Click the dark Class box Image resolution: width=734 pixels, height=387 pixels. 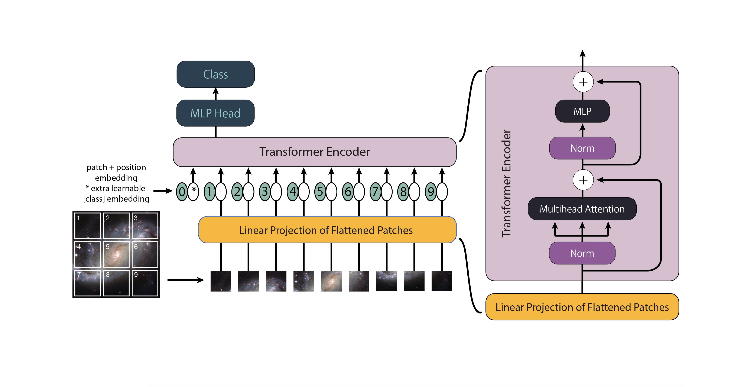coord(215,74)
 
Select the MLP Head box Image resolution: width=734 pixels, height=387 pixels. coord(215,113)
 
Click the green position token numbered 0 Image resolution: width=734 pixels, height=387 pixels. coord(182,192)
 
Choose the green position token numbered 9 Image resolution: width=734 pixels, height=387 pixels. coord(431,192)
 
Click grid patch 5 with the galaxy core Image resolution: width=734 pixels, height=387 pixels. coord(116,254)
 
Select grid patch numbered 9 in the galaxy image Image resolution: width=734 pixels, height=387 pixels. coord(145,283)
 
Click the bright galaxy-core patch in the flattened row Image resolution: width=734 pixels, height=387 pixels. coord(331,281)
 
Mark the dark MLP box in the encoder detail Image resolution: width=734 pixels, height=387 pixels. coord(582,111)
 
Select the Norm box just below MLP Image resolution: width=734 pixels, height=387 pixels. coord(582,148)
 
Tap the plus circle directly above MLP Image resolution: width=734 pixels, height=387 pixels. coord(583,82)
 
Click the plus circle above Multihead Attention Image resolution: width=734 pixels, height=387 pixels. coord(583,180)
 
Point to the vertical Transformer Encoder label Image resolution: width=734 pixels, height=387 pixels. coord(506,184)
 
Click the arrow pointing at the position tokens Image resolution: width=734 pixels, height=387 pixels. coord(163,191)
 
